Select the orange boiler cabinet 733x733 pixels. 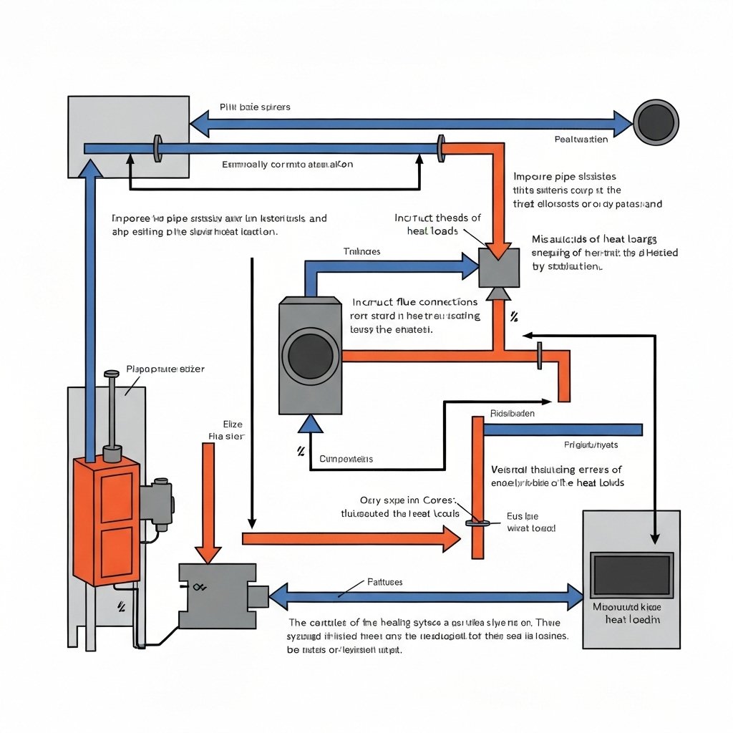pyautogui.click(x=106, y=521)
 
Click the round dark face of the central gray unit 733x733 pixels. pyautogui.click(x=310, y=356)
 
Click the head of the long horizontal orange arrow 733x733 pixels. pyautogui.click(x=451, y=538)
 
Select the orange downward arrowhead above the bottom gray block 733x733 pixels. pyautogui.click(x=209, y=552)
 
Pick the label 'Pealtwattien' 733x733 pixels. pyautogui.click(x=581, y=140)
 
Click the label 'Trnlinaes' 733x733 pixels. pyautogui.click(x=362, y=252)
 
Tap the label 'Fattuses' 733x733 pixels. pyautogui.click(x=384, y=582)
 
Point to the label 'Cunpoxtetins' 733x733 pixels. pyautogui.click(x=346, y=459)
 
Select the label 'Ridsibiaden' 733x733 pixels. pyautogui.click(x=513, y=414)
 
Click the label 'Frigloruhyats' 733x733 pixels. pyautogui.click(x=591, y=445)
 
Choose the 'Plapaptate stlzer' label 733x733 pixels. pyautogui.click(x=165, y=369)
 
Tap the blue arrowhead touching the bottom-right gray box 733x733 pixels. pyautogui.click(x=575, y=596)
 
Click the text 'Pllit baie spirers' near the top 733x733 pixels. pyautogui.click(x=255, y=107)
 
